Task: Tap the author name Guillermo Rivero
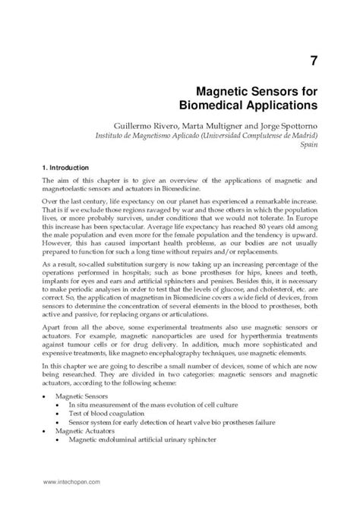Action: pos(148,124)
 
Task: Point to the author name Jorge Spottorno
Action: pos(286,124)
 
